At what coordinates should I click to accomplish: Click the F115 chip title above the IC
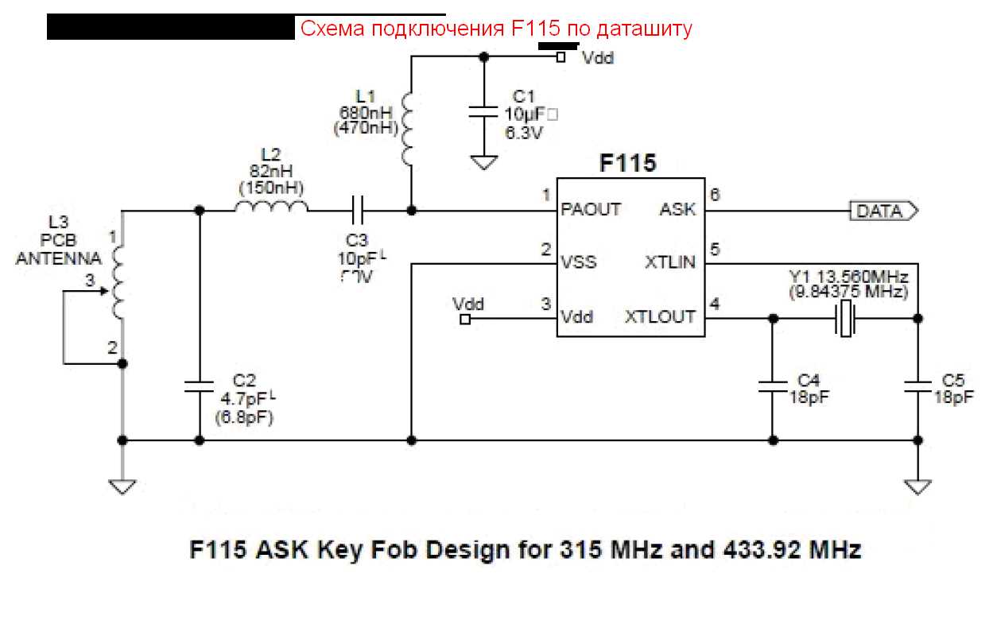coord(627,164)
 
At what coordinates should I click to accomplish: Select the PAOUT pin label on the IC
coord(590,211)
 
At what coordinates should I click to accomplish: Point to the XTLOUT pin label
coord(660,316)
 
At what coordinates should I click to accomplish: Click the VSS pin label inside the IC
coord(579,262)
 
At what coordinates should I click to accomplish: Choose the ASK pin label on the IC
coord(677,211)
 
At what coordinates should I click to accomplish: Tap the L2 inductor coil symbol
coord(271,210)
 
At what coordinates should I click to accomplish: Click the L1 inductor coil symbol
coord(409,130)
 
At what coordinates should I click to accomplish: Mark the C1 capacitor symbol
coord(482,111)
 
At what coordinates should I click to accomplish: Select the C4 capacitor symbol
coord(771,386)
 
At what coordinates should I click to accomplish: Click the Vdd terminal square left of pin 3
coord(465,320)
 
